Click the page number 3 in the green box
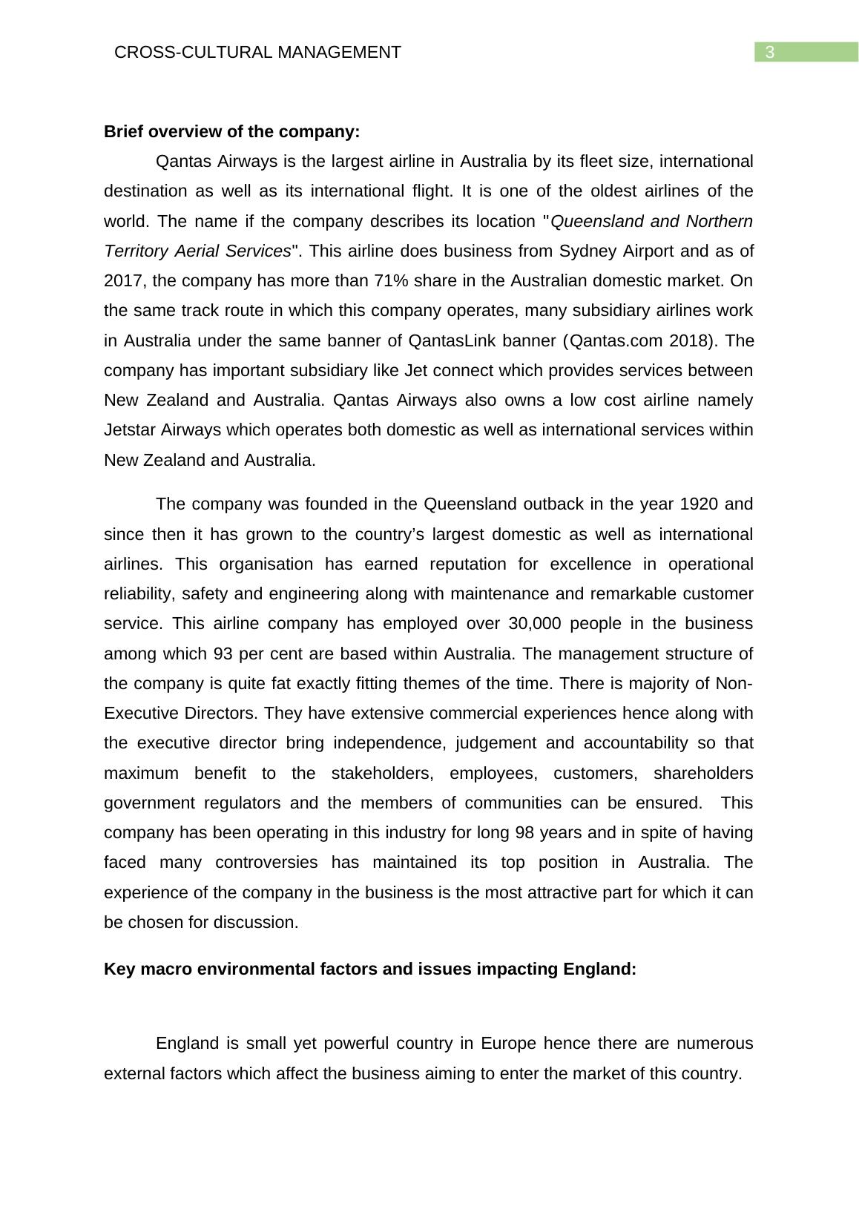(770, 52)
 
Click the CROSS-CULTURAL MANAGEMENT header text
(257, 52)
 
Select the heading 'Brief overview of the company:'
(231, 132)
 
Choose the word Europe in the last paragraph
(508, 1044)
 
